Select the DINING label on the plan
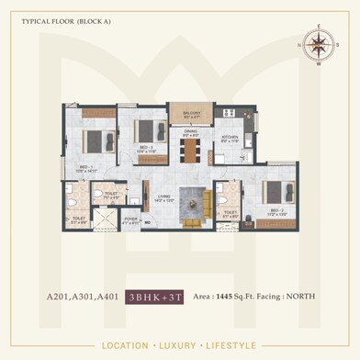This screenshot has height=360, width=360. [x=190, y=134]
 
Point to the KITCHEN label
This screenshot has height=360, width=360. [x=230, y=141]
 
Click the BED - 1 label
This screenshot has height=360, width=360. [x=85, y=168]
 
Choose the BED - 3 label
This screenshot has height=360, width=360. [x=146, y=149]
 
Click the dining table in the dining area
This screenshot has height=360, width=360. [x=190, y=152]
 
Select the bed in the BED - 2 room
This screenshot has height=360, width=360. [x=274, y=191]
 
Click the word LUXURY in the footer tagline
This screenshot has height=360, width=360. [x=179, y=346]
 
